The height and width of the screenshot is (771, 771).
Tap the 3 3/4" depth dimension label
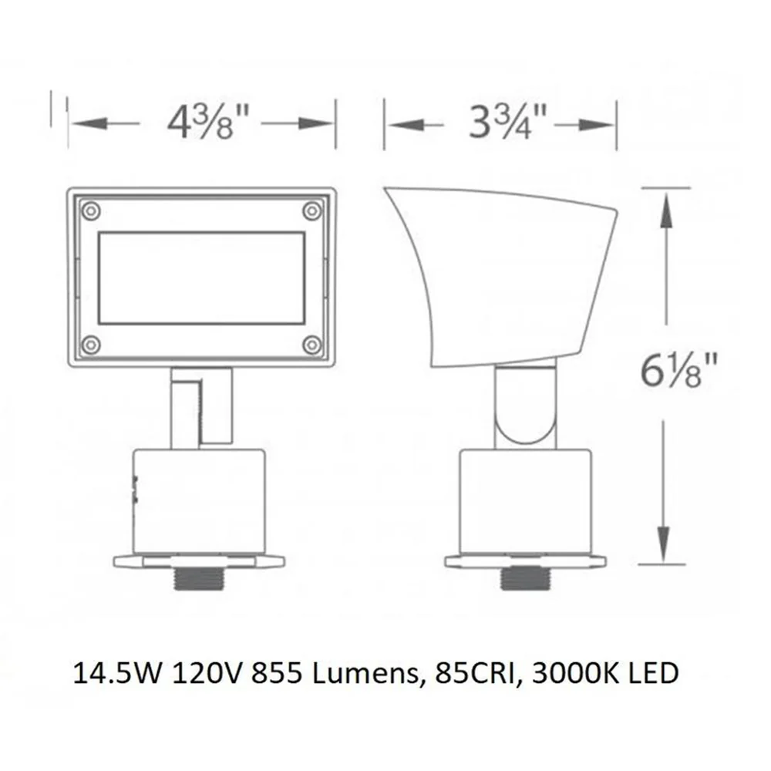[x=508, y=122]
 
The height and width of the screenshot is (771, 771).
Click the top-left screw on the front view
[x=90, y=211]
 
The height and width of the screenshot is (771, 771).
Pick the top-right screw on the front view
[x=311, y=211]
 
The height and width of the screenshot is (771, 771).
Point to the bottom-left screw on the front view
[x=90, y=345]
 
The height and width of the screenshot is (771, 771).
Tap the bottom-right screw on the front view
[x=311, y=345]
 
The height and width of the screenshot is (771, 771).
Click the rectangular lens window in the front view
[x=201, y=278]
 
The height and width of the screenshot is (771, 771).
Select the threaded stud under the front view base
[x=200, y=579]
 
